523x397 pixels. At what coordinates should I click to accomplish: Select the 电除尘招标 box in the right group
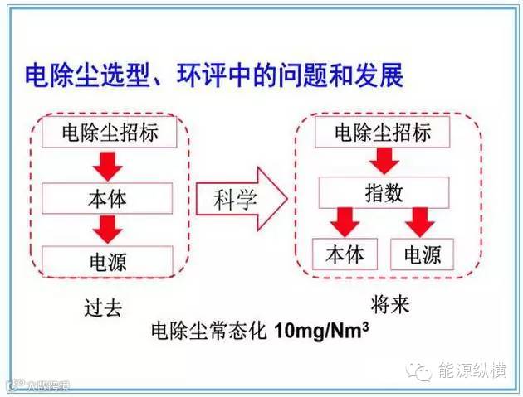pos(381,132)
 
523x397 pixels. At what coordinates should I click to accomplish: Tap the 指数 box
pos(382,194)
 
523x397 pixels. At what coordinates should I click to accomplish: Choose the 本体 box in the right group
pos(344,254)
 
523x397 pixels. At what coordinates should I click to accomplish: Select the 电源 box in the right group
pos(422,254)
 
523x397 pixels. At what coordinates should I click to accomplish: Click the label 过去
pos(103,308)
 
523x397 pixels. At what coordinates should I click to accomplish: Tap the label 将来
pos(389,305)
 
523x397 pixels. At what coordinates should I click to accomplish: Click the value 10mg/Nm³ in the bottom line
pos(320,332)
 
